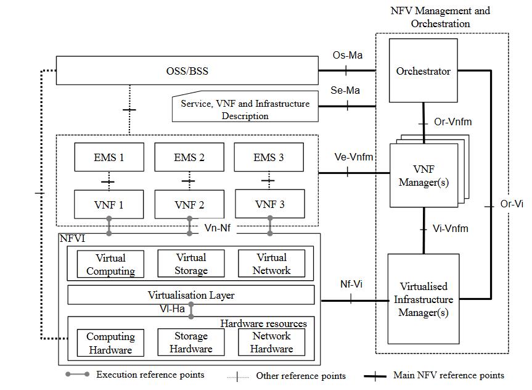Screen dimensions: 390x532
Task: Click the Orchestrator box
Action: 423,71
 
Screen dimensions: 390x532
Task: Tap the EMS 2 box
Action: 189,157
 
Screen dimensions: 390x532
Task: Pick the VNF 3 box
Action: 269,204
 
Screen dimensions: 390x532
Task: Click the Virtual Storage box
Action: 191,263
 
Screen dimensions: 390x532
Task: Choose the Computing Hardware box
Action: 110,343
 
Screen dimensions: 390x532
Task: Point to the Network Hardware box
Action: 271,342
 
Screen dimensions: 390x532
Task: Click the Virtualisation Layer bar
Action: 190,295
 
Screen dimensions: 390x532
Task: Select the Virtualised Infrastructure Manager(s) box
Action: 423,299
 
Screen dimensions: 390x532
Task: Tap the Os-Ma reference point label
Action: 347,56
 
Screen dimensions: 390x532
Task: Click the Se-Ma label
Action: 346,91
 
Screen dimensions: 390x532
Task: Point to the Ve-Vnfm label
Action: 354,157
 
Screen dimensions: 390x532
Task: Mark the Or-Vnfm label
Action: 452,122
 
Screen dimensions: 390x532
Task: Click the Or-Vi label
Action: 511,204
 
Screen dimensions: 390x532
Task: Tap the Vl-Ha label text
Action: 172,309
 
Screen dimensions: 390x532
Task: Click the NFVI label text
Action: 73,238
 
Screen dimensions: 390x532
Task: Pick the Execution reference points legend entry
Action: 150,375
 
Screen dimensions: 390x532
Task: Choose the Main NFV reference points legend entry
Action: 449,375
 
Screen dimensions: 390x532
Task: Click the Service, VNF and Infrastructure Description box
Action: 245,109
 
